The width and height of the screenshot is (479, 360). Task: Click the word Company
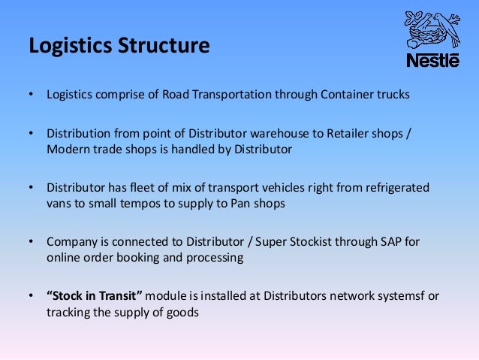[72, 242]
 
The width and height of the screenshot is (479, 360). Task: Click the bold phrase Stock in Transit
[96, 296]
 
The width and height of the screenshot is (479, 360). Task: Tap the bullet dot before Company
[32, 242]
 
